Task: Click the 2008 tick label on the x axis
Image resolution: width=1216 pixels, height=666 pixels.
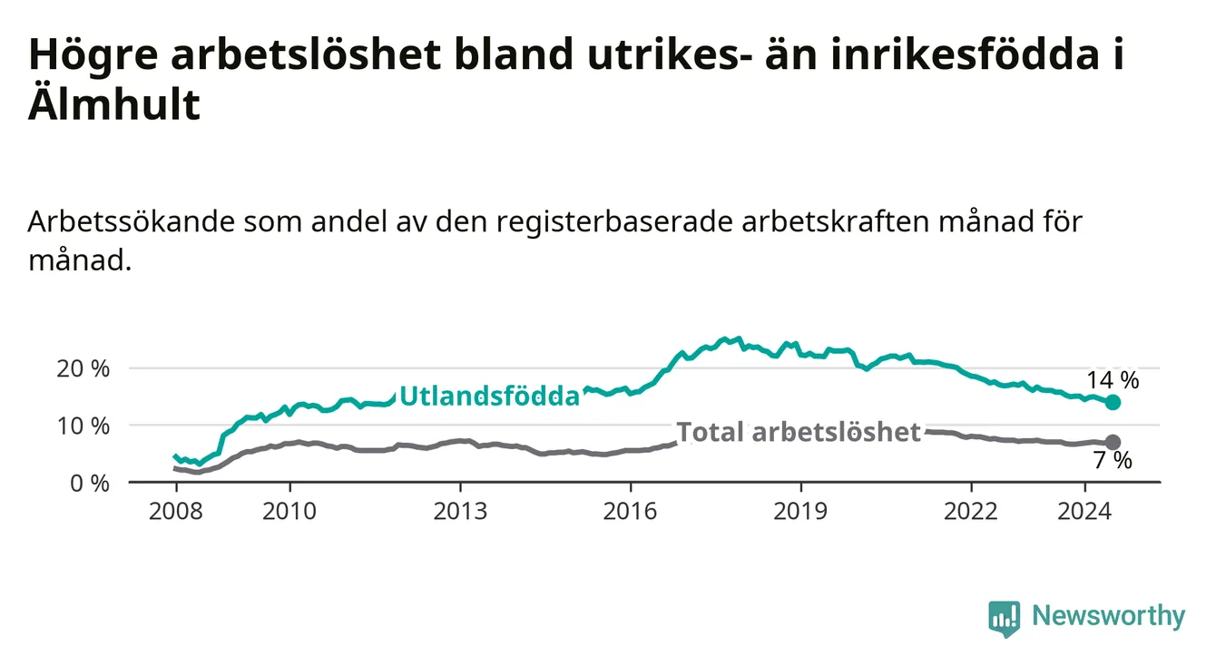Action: pos(175,512)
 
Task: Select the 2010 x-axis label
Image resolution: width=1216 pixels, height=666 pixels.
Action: pos(289,512)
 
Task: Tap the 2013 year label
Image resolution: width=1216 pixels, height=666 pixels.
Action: pos(460,512)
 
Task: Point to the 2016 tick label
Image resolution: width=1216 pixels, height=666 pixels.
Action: pos(631,512)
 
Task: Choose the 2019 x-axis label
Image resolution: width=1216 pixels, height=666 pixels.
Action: pos(800,512)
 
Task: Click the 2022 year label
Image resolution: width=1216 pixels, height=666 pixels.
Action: pos(971,512)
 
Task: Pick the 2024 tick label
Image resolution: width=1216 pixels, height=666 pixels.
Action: pos(1084,512)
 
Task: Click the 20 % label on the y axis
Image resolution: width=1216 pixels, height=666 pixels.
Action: pos(83,369)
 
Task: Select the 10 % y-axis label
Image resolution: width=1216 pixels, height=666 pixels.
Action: pos(83,426)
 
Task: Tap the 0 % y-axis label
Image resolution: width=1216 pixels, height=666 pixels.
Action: pos(90,483)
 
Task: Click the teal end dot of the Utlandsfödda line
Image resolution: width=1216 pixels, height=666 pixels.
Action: pos(1113,402)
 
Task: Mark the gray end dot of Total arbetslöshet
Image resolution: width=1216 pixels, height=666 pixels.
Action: pos(1113,442)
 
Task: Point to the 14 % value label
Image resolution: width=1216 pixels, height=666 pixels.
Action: pos(1113,380)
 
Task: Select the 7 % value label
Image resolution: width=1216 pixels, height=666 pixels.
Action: pos(1113,460)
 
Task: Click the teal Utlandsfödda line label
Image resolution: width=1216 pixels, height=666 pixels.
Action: pos(490,396)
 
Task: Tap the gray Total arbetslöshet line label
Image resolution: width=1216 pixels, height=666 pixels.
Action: pos(799,432)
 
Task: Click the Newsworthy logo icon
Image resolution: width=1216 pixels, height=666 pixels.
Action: pos(1004,618)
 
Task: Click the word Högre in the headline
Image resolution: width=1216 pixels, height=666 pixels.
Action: pos(93,55)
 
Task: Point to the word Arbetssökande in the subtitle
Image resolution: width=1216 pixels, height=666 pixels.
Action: pos(132,221)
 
